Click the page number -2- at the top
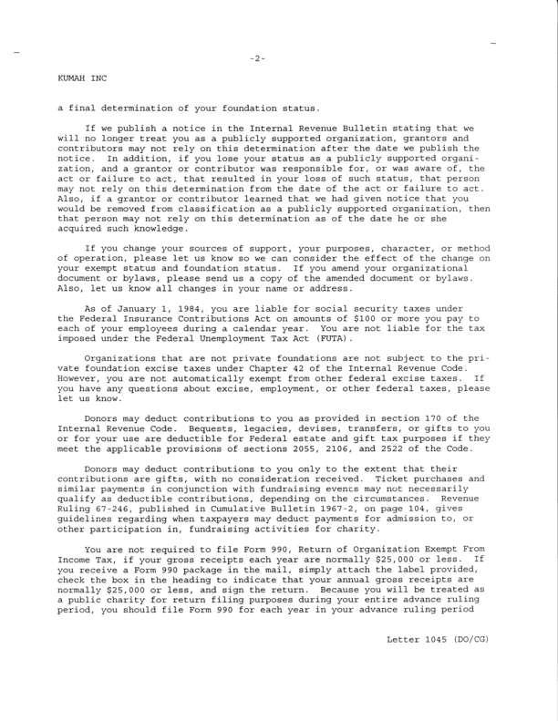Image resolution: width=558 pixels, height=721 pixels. [257, 59]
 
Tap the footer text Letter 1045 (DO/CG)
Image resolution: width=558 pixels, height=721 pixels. [437, 639]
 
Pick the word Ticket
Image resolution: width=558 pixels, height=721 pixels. [375, 479]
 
